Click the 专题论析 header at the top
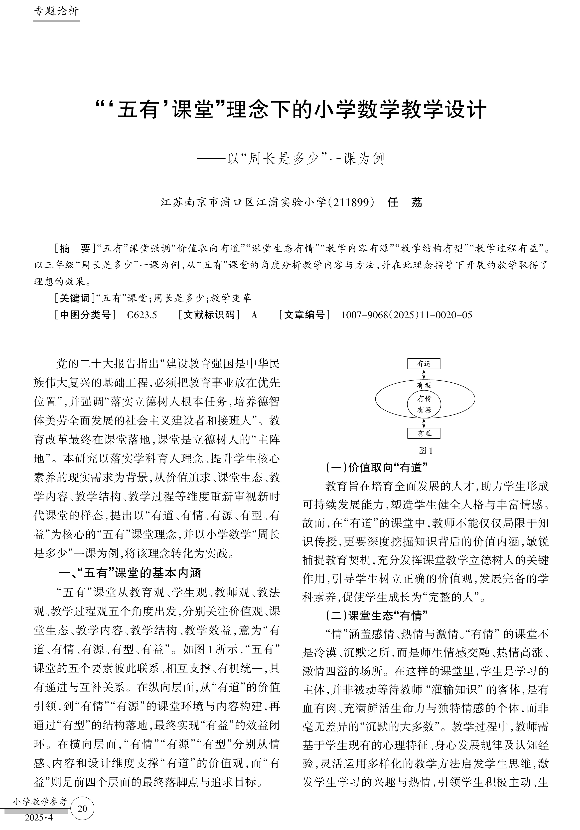pos(56,11)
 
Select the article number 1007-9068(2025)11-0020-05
pos(407,315)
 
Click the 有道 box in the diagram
pos(424,364)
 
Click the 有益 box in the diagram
pos(424,433)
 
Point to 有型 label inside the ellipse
pos(424,385)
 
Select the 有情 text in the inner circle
pos(424,399)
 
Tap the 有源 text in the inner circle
pos(424,410)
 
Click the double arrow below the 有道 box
pos(424,374)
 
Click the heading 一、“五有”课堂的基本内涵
pos(130,573)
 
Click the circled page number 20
pos(83,809)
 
